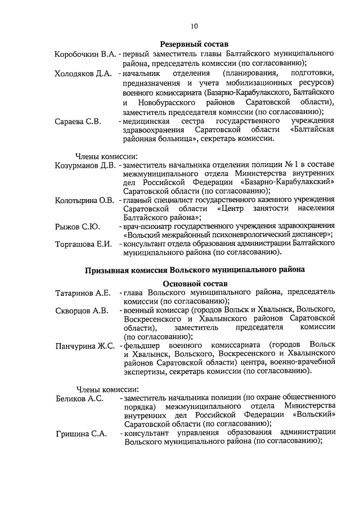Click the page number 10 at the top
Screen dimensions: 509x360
194,25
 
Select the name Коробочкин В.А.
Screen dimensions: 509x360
85,55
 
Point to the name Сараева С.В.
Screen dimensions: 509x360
78,121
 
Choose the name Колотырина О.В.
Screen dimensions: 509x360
84,200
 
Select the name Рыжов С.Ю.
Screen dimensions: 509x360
78,227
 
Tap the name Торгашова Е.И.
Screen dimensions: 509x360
83,244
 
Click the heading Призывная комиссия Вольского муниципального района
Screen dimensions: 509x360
194,270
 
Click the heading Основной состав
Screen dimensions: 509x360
194,283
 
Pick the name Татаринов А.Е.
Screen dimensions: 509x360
82,293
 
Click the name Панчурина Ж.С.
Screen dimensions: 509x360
84,345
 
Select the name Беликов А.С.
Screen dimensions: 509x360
79,398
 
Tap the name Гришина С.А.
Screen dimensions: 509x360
79,433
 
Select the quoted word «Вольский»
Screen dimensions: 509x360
315,415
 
